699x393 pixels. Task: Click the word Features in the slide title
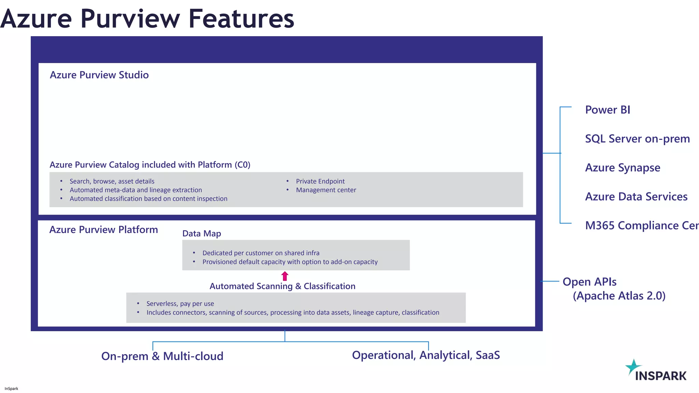coord(241,19)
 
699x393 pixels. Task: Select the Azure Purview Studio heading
coord(99,75)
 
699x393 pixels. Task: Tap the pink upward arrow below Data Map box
coord(285,276)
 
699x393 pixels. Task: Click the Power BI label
coord(608,110)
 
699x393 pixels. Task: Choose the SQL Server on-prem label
coord(637,139)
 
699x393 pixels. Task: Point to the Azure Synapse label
coord(623,168)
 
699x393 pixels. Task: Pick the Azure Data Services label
coord(636,197)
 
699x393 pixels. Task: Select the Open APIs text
coord(589,282)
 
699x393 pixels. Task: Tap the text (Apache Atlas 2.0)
coord(619,296)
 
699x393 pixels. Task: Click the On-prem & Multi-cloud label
coord(162,356)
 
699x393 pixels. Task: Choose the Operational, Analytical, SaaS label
coord(426,355)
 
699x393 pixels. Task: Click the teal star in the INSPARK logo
coord(633,367)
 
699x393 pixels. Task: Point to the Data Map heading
coord(201,234)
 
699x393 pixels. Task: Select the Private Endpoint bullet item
coord(320,181)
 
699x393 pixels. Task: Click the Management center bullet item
coord(326,190)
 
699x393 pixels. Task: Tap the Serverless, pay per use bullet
coord(180,304)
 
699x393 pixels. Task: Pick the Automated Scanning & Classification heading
coord(282,286)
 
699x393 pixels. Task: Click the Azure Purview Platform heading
coord(103,230)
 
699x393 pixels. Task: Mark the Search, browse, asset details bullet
coord(112,181)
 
